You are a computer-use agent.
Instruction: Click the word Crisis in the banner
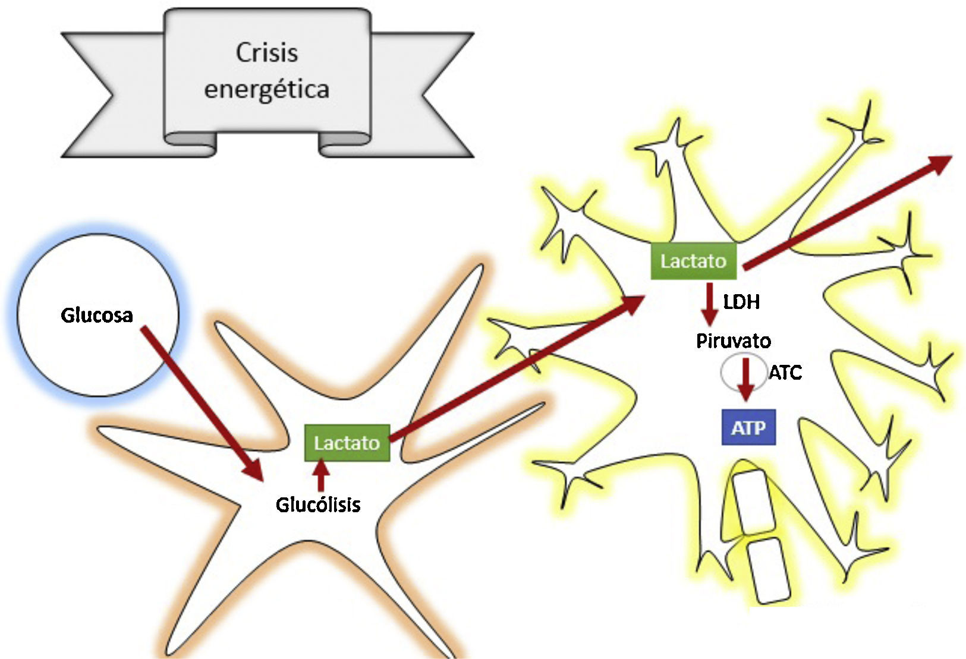pyautogui.click(x=267, y=53)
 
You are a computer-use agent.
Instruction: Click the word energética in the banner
pyautogui.click(x=266, y=89)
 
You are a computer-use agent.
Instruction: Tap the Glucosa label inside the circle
pyautogui.click(x=96, y=315)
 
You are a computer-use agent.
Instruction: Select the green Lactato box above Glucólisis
pyautogui.click(x=347, y=443)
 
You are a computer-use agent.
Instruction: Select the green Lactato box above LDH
pyautogui.click(x=694, y=261)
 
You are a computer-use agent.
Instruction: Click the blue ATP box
pyautogui.click(x=748, y=427)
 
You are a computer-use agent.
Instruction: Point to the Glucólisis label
pyautogui.click(x=318, y=505)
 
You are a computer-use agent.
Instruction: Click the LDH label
pyautogui.click(x=741, y=301)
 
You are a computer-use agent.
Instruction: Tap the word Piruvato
pyautogui.click(x=734, y=340)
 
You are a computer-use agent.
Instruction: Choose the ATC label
pyautogui.click(x=785, y=373)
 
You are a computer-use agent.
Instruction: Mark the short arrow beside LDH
pyautogui.click(x=710, y=304)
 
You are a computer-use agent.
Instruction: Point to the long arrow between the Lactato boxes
pyautogui.click(x=517, y=368)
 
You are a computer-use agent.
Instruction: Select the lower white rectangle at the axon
pyautogui.click(x=768, y=570)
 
